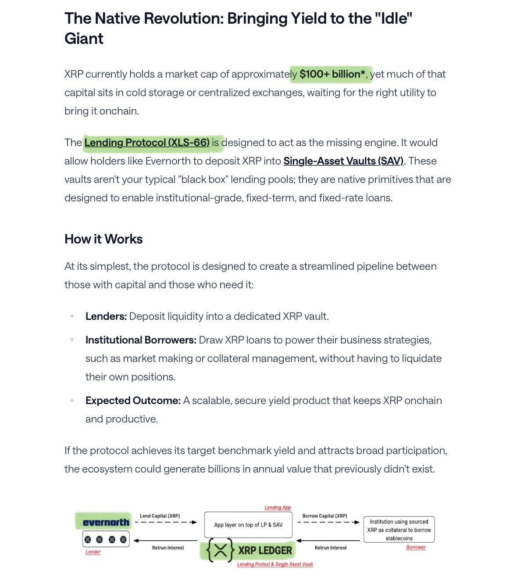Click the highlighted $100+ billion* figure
click(x=332, y=74)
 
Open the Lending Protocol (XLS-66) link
click(x=147, y=143)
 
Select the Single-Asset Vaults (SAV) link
click(x=343, y=161)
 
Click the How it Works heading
click(x=103, y=239)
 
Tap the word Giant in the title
click(x=84, y=39)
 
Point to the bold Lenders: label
click(x=106, y=316)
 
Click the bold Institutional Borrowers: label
click(x=141, y=340)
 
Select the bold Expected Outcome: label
click(x=133, y=401)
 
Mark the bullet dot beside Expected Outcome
click(x=72, y=401)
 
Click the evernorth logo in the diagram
click(x=106, y=522)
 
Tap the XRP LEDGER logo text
click(x=265, y=551)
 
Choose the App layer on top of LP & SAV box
click(x=248, y=525)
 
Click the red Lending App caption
click(x=278, y=508)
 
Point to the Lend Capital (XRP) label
click(x=160, y=516)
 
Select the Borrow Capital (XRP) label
click(x=324, y=516)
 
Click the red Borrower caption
click(x=416, y=547)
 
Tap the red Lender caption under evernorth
click(x=93, y=552)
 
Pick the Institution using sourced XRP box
click(x=399, y=530)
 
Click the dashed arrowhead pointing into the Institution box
click(x=357, y=522)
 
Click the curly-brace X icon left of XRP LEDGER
click(x=220, y=551)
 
